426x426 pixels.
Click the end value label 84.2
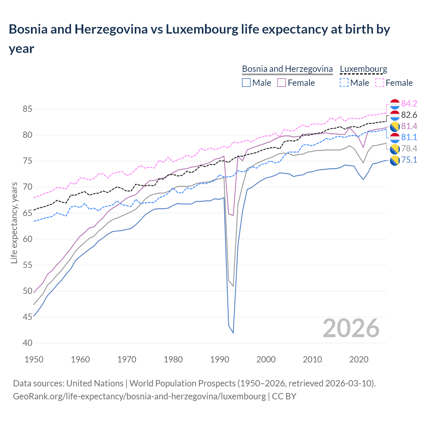[x=409, y=104]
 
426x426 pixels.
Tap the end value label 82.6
[x=409, y=115]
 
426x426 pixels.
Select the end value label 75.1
[x=409, y=160]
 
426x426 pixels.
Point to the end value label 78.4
[x=409, y=148]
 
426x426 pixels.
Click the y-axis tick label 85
[x=28, y=109]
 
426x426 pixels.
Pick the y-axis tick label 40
[x=28, y=343]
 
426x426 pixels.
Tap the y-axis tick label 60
[x=28, y=239]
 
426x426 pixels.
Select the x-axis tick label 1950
[x=34, y=359]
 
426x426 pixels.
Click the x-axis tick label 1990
[x=220, y=359]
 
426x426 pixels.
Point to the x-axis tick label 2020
[x=359, y=359]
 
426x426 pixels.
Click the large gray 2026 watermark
[x=351, y=328]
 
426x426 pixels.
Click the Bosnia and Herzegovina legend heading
[x=287, y=69]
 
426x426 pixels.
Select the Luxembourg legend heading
[x=363, y=69]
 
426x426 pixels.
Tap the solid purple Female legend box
[x=282, y=83]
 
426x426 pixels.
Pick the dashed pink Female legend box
[x=379, y=83]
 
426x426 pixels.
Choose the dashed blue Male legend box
[x=344, y=83]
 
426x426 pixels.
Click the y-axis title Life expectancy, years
[x=14, y=223]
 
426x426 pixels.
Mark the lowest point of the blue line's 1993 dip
[x=233, y=333]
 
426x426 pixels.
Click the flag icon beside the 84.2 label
[x=395, y=104]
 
